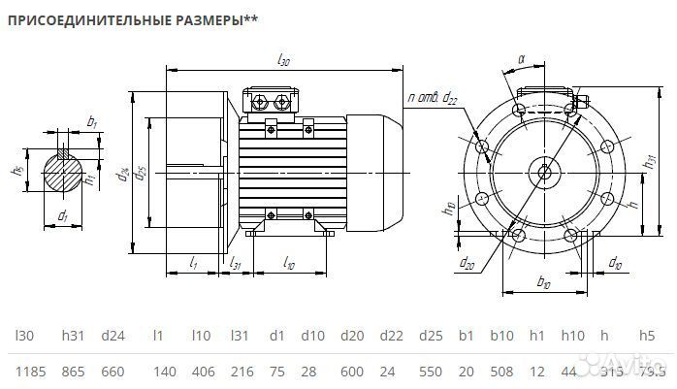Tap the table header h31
coord(73,336)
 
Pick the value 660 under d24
coord(113,372)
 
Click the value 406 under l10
coord(201,372)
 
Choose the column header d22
coord(390,336)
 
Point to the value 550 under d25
coord(430,372)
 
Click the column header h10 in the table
coord(574,336)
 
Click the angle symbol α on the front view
coord(522,59)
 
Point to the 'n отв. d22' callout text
coord(434,97)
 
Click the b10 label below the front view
coord(543,282)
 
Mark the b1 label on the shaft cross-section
coord(92,121)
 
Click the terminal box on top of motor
coord(274,103)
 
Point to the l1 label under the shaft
coord(193,263)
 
